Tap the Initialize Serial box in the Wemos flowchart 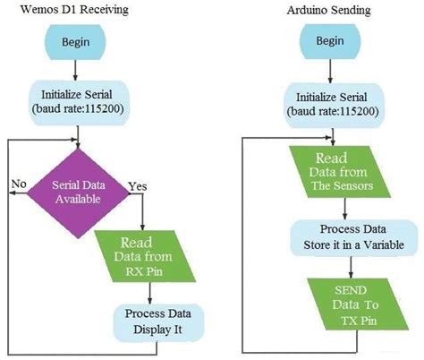(79, 99)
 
